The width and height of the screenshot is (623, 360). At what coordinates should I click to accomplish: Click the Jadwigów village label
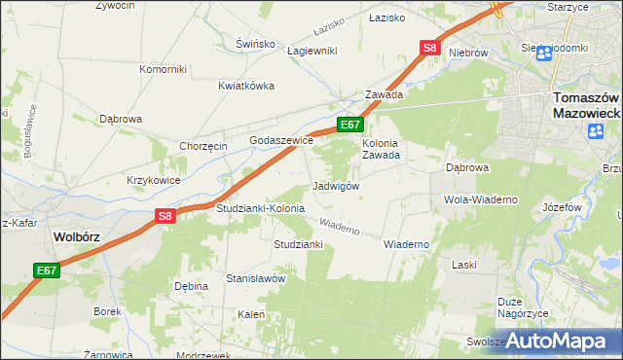click(337, 186)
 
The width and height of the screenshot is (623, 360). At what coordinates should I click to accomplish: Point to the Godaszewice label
click(281, 140)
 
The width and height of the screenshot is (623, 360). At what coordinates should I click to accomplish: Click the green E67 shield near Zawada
click(350, 125)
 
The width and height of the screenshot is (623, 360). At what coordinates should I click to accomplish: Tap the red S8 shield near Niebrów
click(431, 48)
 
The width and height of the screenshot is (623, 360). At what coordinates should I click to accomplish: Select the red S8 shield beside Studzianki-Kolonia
click(165, 217)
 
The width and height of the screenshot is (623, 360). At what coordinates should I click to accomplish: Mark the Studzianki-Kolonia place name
click(260, 208)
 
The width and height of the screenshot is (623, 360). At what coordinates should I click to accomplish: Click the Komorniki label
click(163, 69)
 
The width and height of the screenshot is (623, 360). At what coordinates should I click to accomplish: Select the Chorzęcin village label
click(202, 146)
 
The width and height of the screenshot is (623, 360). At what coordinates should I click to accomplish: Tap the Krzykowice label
click(153, 180)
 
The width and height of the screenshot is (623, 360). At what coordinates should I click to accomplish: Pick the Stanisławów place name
click(255, 278)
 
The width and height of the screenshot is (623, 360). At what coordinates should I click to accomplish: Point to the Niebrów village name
click(468, 53)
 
